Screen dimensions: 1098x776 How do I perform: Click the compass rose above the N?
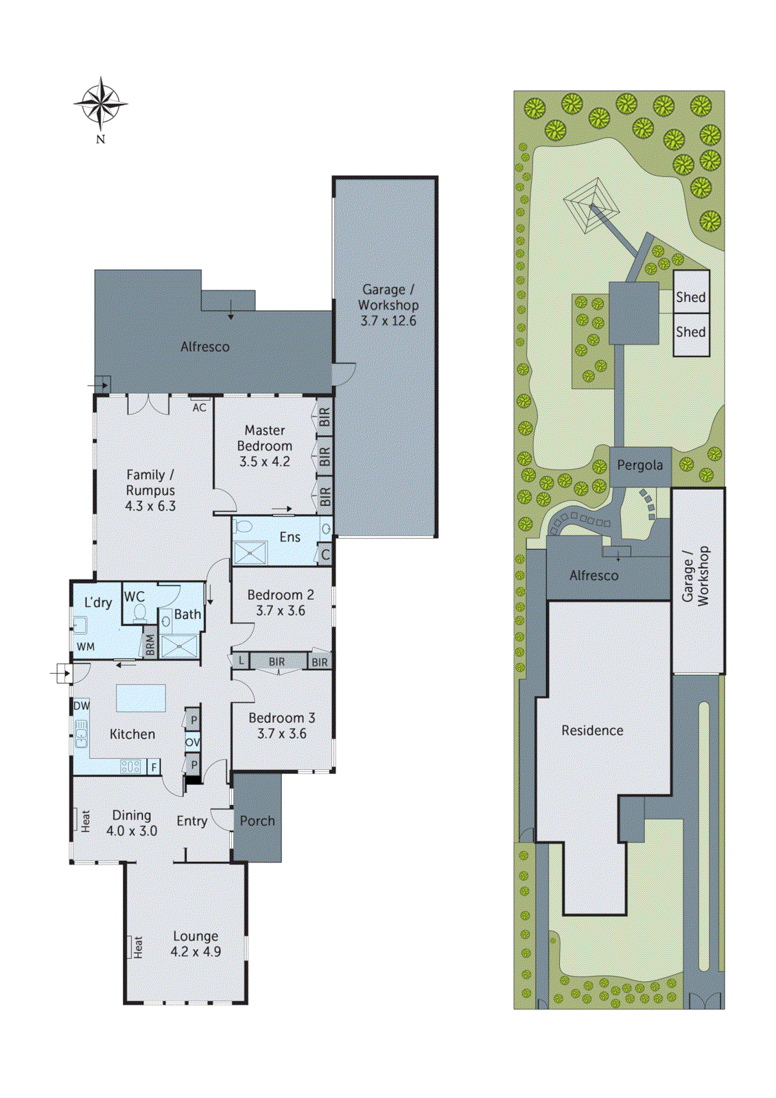click(x=100, y=104)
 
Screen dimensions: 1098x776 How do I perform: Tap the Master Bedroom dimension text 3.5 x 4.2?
click(x=264, y=462)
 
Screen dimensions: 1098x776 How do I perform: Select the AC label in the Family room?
click(x=199, y=408)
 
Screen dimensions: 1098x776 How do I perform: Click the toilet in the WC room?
click(x=140, y=613)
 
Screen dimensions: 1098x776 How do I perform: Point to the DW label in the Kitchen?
click(x=82, y=705)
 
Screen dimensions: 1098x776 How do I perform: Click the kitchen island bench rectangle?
click(x=141, y=699)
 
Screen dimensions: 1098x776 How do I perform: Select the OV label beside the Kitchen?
click(x=193, y=743)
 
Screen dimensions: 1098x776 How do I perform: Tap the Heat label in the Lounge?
click(x=137, y=947)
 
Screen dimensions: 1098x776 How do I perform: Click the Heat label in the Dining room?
click(x=84, y=821)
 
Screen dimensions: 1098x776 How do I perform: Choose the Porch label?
click(x=257, y=821)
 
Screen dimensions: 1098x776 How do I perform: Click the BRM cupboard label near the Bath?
click(x=150, y=645)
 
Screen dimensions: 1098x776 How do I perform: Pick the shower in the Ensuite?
click(x=250, y=553)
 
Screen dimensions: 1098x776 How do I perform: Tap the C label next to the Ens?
click(x=325, y=555)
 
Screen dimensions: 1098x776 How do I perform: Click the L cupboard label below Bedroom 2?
click(x=241, y=661)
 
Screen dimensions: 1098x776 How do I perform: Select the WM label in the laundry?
click(x=86, y=646)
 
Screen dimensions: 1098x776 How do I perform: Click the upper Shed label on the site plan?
click(x=690, y=297)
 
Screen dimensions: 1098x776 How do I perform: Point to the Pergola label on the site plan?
click(x=639, y=465)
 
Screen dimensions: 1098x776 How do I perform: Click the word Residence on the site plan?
click(x=592, y=731)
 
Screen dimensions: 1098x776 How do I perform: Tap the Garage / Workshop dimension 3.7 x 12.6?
click(x=388, y=320)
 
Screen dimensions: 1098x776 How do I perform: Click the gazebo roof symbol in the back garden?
click(x=589, y=205)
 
